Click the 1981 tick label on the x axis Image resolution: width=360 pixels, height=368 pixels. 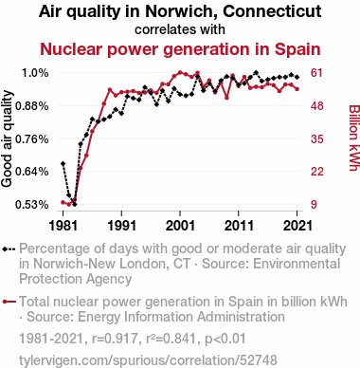(x=63, y=226)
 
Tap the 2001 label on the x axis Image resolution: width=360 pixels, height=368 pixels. (x=180, y=226)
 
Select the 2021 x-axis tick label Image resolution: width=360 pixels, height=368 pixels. (x=297, y=226)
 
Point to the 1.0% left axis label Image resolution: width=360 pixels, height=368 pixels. (x=35, y=73)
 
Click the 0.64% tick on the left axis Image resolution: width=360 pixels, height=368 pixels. (x=32, y=172)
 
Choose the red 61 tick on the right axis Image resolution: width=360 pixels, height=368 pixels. (x=316, y=73)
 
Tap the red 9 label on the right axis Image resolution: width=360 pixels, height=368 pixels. (x=314, y=205)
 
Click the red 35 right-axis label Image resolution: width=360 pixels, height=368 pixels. (x=316, y=138)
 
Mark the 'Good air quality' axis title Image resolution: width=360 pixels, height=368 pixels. (x=7, y=138)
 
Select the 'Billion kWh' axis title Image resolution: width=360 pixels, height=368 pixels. (x=354, y=138)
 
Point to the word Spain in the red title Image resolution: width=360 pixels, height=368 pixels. (x=297, y=49)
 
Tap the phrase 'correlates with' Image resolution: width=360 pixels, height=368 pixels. (x=180, y=29)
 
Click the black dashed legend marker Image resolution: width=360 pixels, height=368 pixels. (x=9, y=248)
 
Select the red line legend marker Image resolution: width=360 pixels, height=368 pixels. (x=9, y=302)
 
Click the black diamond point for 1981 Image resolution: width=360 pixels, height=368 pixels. (x=63, y=163)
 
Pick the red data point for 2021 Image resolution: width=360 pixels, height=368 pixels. (x=297, y=89)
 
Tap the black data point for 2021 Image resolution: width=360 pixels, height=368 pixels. (x=297, y=77)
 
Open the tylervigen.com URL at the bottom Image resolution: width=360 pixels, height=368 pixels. (x=148, y=359)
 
